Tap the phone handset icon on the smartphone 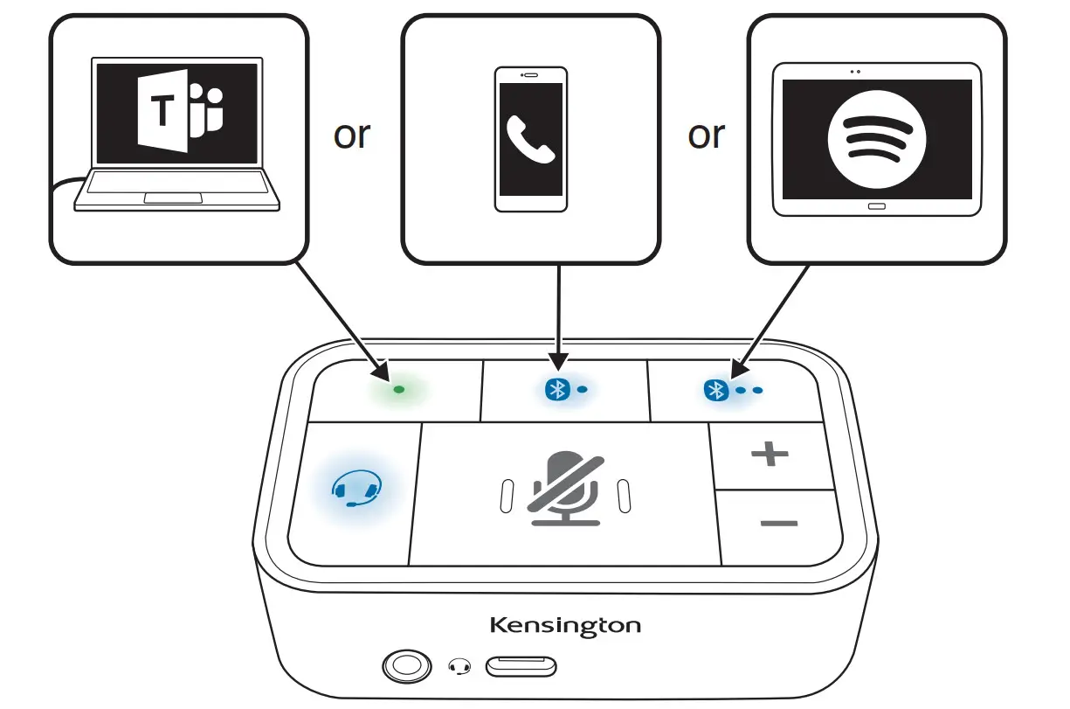click(x=530, y=138)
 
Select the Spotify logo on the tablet click(x=876, y=139)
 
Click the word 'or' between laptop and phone click(x=352, y=136)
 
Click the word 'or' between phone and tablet click(x=706, y=136)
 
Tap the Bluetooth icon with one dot click(x=556, y=390)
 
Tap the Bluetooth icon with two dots click(x=717, y=390)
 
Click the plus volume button click(x=770, y=454)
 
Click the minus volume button click(x=778, y=524)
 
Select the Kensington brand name click(x=564, y=626)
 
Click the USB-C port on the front click(x=521, y=667)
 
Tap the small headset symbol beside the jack click(x=459, y=667)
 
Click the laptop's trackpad click(x=177, y=198)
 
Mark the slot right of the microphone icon click(x=624, y=496)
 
